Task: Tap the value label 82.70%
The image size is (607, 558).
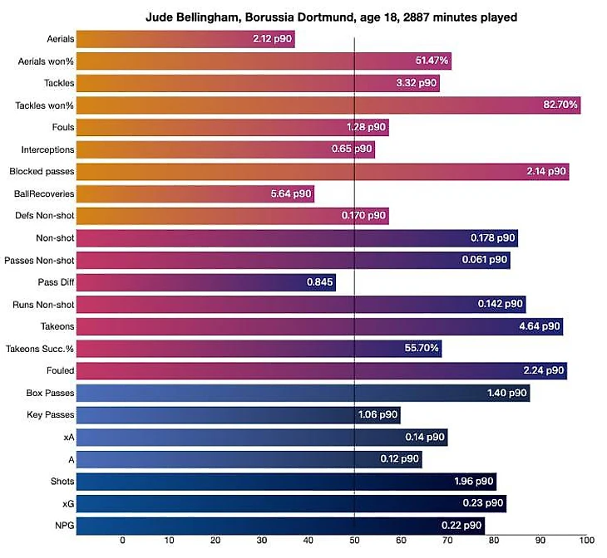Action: coord(555,105)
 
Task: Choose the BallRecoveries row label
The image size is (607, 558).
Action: coord(44,193)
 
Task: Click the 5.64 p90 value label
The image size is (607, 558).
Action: coord(291,193)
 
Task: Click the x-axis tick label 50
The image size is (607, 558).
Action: coord(355,541)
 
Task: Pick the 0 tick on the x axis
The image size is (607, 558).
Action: coord(122,541)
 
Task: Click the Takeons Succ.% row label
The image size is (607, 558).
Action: coord(40,348)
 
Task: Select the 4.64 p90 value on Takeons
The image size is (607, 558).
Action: coord(540,326)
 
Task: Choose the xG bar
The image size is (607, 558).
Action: coord(291,502)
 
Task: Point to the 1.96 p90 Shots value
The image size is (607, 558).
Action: coord(475,481)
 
